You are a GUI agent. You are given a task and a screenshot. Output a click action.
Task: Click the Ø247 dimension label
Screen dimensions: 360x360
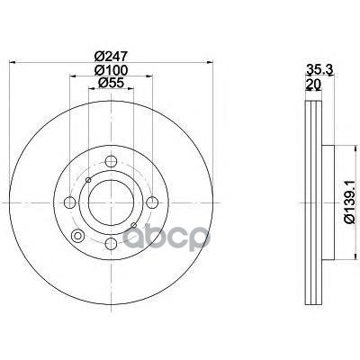(x=111, y=56)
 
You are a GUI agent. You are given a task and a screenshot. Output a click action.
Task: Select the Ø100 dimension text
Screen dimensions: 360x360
(x=111, y=70)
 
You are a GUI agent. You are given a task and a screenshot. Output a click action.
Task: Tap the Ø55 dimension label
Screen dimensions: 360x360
(x=111, y=83)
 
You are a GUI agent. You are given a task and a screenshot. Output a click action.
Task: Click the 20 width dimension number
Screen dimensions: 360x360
(x=313, y=84)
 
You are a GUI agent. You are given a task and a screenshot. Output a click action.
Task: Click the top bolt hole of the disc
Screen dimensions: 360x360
(x=111, y=162)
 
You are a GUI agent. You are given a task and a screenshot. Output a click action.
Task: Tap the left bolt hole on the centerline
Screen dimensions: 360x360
(x=70, y=202)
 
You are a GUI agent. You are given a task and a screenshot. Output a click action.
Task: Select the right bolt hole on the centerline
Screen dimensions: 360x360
(x=152, y=202)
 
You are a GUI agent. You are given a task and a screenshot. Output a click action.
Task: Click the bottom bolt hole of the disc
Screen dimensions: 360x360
(x=111, y=244)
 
